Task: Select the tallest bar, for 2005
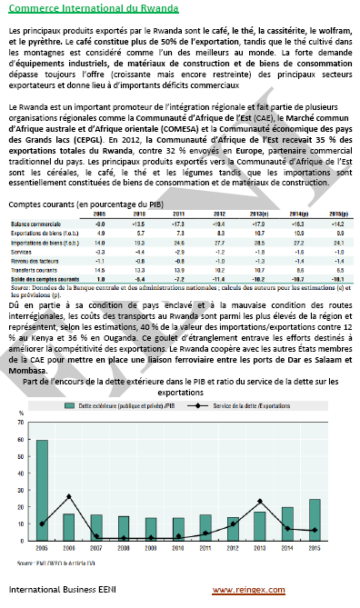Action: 42,491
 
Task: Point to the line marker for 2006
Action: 69,496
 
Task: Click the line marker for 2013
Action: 260,502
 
